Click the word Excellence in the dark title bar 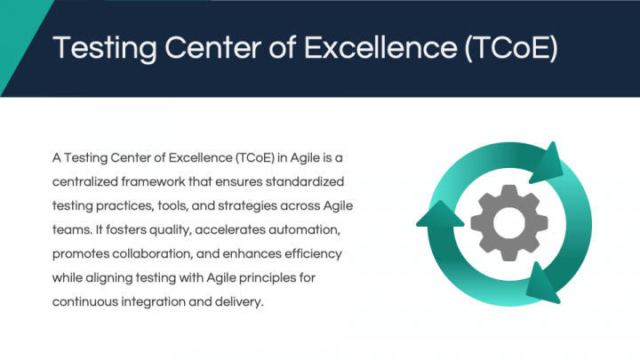click(x=380, y=47)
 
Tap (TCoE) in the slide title click(x=511, y=48)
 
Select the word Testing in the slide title click(x=105, y=49)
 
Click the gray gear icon click(x=509, y=223)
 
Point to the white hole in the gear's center click(x=509, y=223)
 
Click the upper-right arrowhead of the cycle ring click(x=547, y=164)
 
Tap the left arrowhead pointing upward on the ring click(x=440, y=214)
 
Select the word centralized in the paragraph click(x=85, y=181)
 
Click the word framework click(x=153, y=181)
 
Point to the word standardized click(x=305, y=181)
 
